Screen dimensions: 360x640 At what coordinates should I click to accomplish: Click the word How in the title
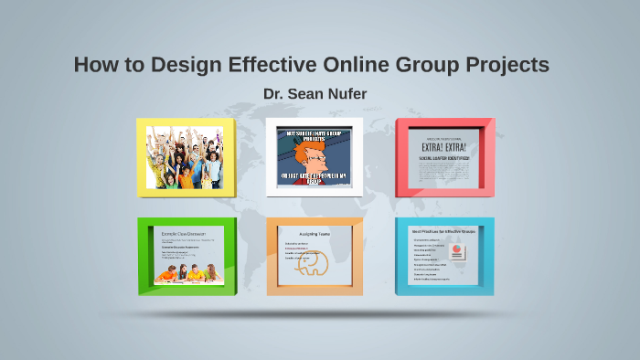coord(93,66)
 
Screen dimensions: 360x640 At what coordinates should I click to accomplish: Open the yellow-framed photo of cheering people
coord(185,157)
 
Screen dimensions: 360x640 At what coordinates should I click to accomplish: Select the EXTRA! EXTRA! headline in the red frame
coord(445,147)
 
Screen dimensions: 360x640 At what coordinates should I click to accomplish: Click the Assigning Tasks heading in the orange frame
coord(314,235)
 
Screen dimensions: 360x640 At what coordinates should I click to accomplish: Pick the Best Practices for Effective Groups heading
coord(444,233)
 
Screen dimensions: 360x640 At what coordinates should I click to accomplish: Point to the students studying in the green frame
coord(186,271)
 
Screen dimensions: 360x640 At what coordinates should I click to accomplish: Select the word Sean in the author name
coord(308,94)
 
